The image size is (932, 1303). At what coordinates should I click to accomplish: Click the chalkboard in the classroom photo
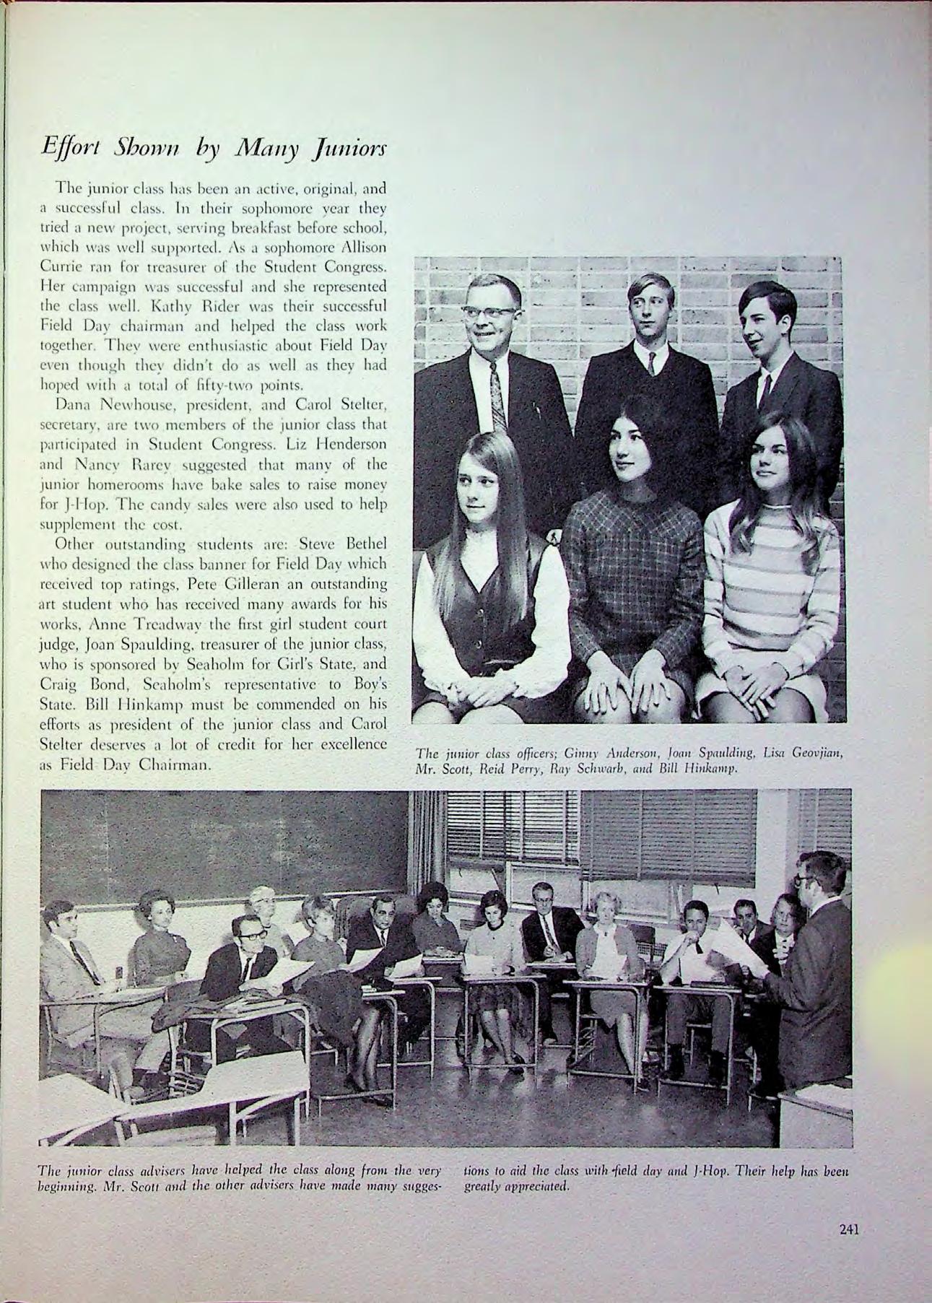tap(217, 837)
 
